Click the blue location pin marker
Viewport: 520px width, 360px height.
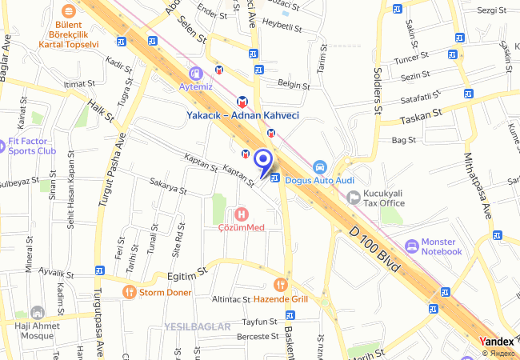tap(263, 161)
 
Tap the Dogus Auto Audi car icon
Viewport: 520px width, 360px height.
tap(319, 167)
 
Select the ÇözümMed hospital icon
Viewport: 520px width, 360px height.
tap(241, 214)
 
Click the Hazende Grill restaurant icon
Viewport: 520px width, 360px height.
tap(279, 284)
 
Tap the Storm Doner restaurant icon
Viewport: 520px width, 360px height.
tap(129, 293)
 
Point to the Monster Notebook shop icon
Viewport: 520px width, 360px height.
tap(411, 246)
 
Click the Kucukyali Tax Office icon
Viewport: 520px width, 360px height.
tap(353, 197)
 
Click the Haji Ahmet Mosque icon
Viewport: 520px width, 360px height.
tap(36, 312)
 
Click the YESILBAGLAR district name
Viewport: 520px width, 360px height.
tap(197, 326)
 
